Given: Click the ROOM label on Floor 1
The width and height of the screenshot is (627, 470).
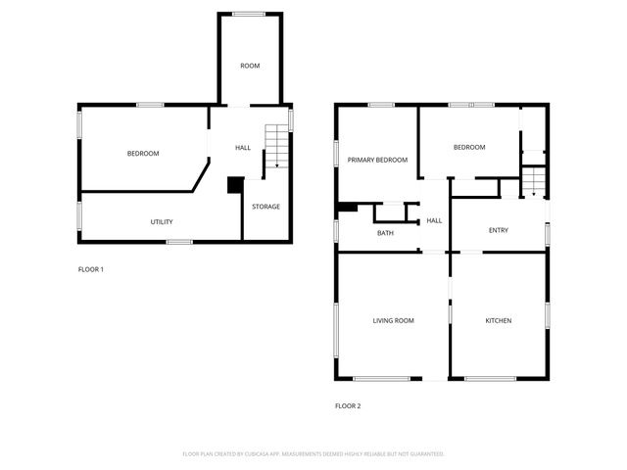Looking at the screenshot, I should [250, 66].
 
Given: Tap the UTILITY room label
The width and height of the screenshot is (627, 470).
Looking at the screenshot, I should [162, 222].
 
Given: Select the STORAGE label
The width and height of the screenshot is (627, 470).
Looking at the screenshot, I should [265, 207].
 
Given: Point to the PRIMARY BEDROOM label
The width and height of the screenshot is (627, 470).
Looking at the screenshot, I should [377, 160].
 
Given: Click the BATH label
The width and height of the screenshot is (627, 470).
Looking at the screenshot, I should [386, 233].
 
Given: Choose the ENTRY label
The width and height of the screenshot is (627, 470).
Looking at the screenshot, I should [499, 230].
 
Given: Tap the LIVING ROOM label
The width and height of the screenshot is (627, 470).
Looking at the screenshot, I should [393, 320].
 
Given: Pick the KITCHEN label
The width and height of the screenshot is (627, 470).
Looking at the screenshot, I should [499, 320].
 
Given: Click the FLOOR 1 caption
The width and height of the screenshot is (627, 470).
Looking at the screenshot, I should [91, 269].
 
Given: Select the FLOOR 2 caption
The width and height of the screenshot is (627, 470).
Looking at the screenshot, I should [348, 405].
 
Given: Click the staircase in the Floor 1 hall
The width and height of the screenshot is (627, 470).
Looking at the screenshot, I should [279, 149].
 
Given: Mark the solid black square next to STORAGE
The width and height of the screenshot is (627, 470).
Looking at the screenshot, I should [235, 184].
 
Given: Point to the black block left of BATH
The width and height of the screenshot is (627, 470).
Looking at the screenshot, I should [348, 208].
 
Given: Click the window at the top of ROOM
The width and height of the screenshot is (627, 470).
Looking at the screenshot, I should [249, 13].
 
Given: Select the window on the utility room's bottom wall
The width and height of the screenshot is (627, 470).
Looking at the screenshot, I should [178, 241].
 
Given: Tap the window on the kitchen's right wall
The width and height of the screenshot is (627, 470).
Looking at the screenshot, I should [547, 315].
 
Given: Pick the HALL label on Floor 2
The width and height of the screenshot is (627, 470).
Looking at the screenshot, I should [434, 221].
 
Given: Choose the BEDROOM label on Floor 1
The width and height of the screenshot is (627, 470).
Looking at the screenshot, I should [143, 154].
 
